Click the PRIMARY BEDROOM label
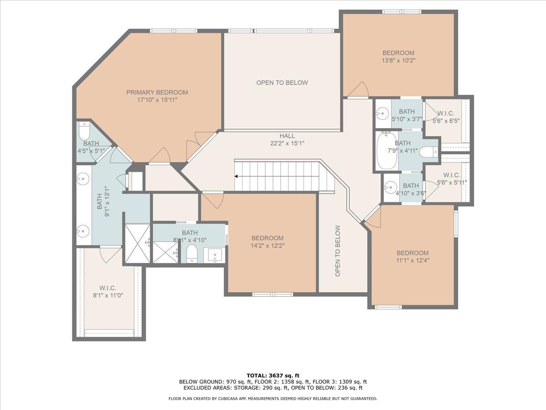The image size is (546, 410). [x=157, y=92]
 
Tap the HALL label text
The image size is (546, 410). [x=287, y=136]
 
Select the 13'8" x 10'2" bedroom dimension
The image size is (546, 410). [x=399, y=60]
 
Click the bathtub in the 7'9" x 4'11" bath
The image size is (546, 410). [x=387, y=151]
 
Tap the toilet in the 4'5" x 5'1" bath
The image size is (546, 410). [x=84, y=131]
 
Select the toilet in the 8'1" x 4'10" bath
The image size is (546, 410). [x=192, y=253]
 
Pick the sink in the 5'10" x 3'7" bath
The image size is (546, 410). [x=382, y=114]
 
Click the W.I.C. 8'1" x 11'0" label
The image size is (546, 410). [x=108, y=292]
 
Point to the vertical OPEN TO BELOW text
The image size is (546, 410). [x=338, y=251]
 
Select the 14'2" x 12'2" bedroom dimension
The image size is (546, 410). [x=268, y=246]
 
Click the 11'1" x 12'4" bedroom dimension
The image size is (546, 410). [x=413, y=261]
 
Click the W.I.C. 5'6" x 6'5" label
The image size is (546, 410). [x=446, y=117]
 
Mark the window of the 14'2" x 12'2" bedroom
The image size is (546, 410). [x=273, y=294]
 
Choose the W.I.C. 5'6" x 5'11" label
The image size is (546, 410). [x=452, y=179]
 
